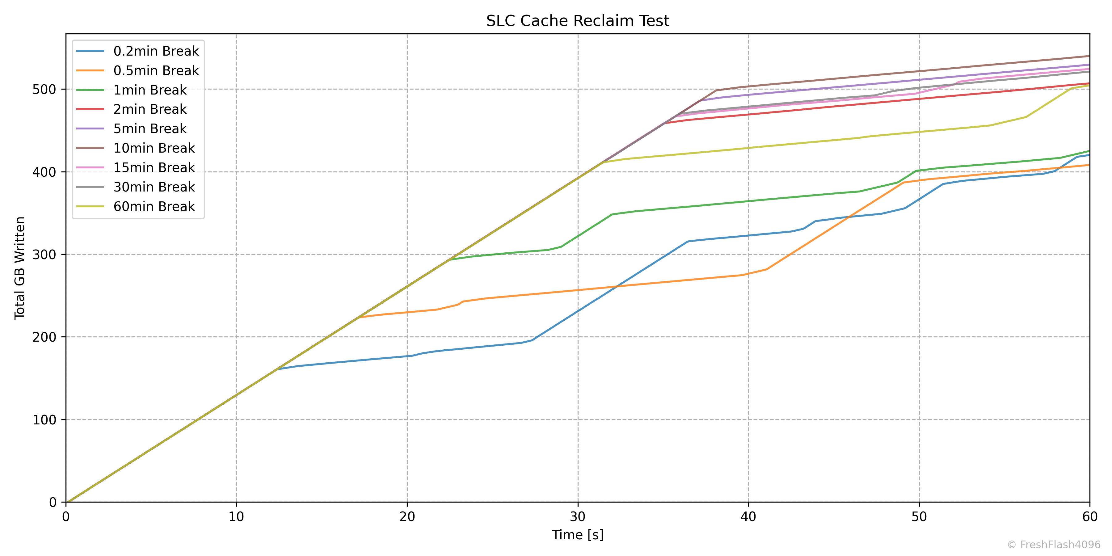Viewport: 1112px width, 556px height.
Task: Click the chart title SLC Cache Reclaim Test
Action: coord(578,21)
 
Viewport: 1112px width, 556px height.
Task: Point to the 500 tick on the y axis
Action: coord(44,89)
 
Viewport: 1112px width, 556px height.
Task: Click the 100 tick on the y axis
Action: coord(44,419)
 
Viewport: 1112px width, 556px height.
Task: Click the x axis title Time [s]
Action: coord(578,535)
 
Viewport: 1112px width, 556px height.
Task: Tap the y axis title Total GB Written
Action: coord(20,268)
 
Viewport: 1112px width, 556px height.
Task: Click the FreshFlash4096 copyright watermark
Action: coord(1054,545)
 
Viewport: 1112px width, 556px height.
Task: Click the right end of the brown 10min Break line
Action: coord(1089,56)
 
